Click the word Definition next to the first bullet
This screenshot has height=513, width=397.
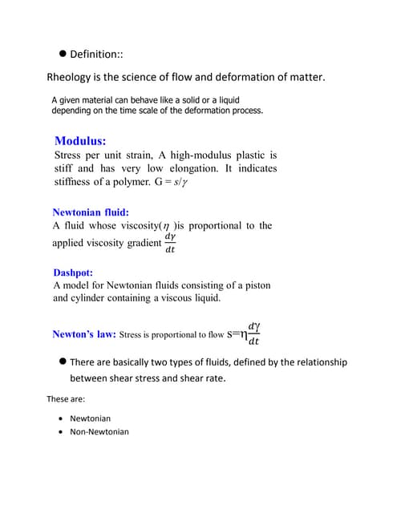point(95,55)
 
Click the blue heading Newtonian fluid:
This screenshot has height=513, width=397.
point(90,212)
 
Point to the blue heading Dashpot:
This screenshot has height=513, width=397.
point(73,273)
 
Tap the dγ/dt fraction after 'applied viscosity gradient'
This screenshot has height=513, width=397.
point(169,243)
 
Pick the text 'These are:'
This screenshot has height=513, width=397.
point(66,398)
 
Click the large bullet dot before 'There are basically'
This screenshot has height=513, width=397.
point(61,362)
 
